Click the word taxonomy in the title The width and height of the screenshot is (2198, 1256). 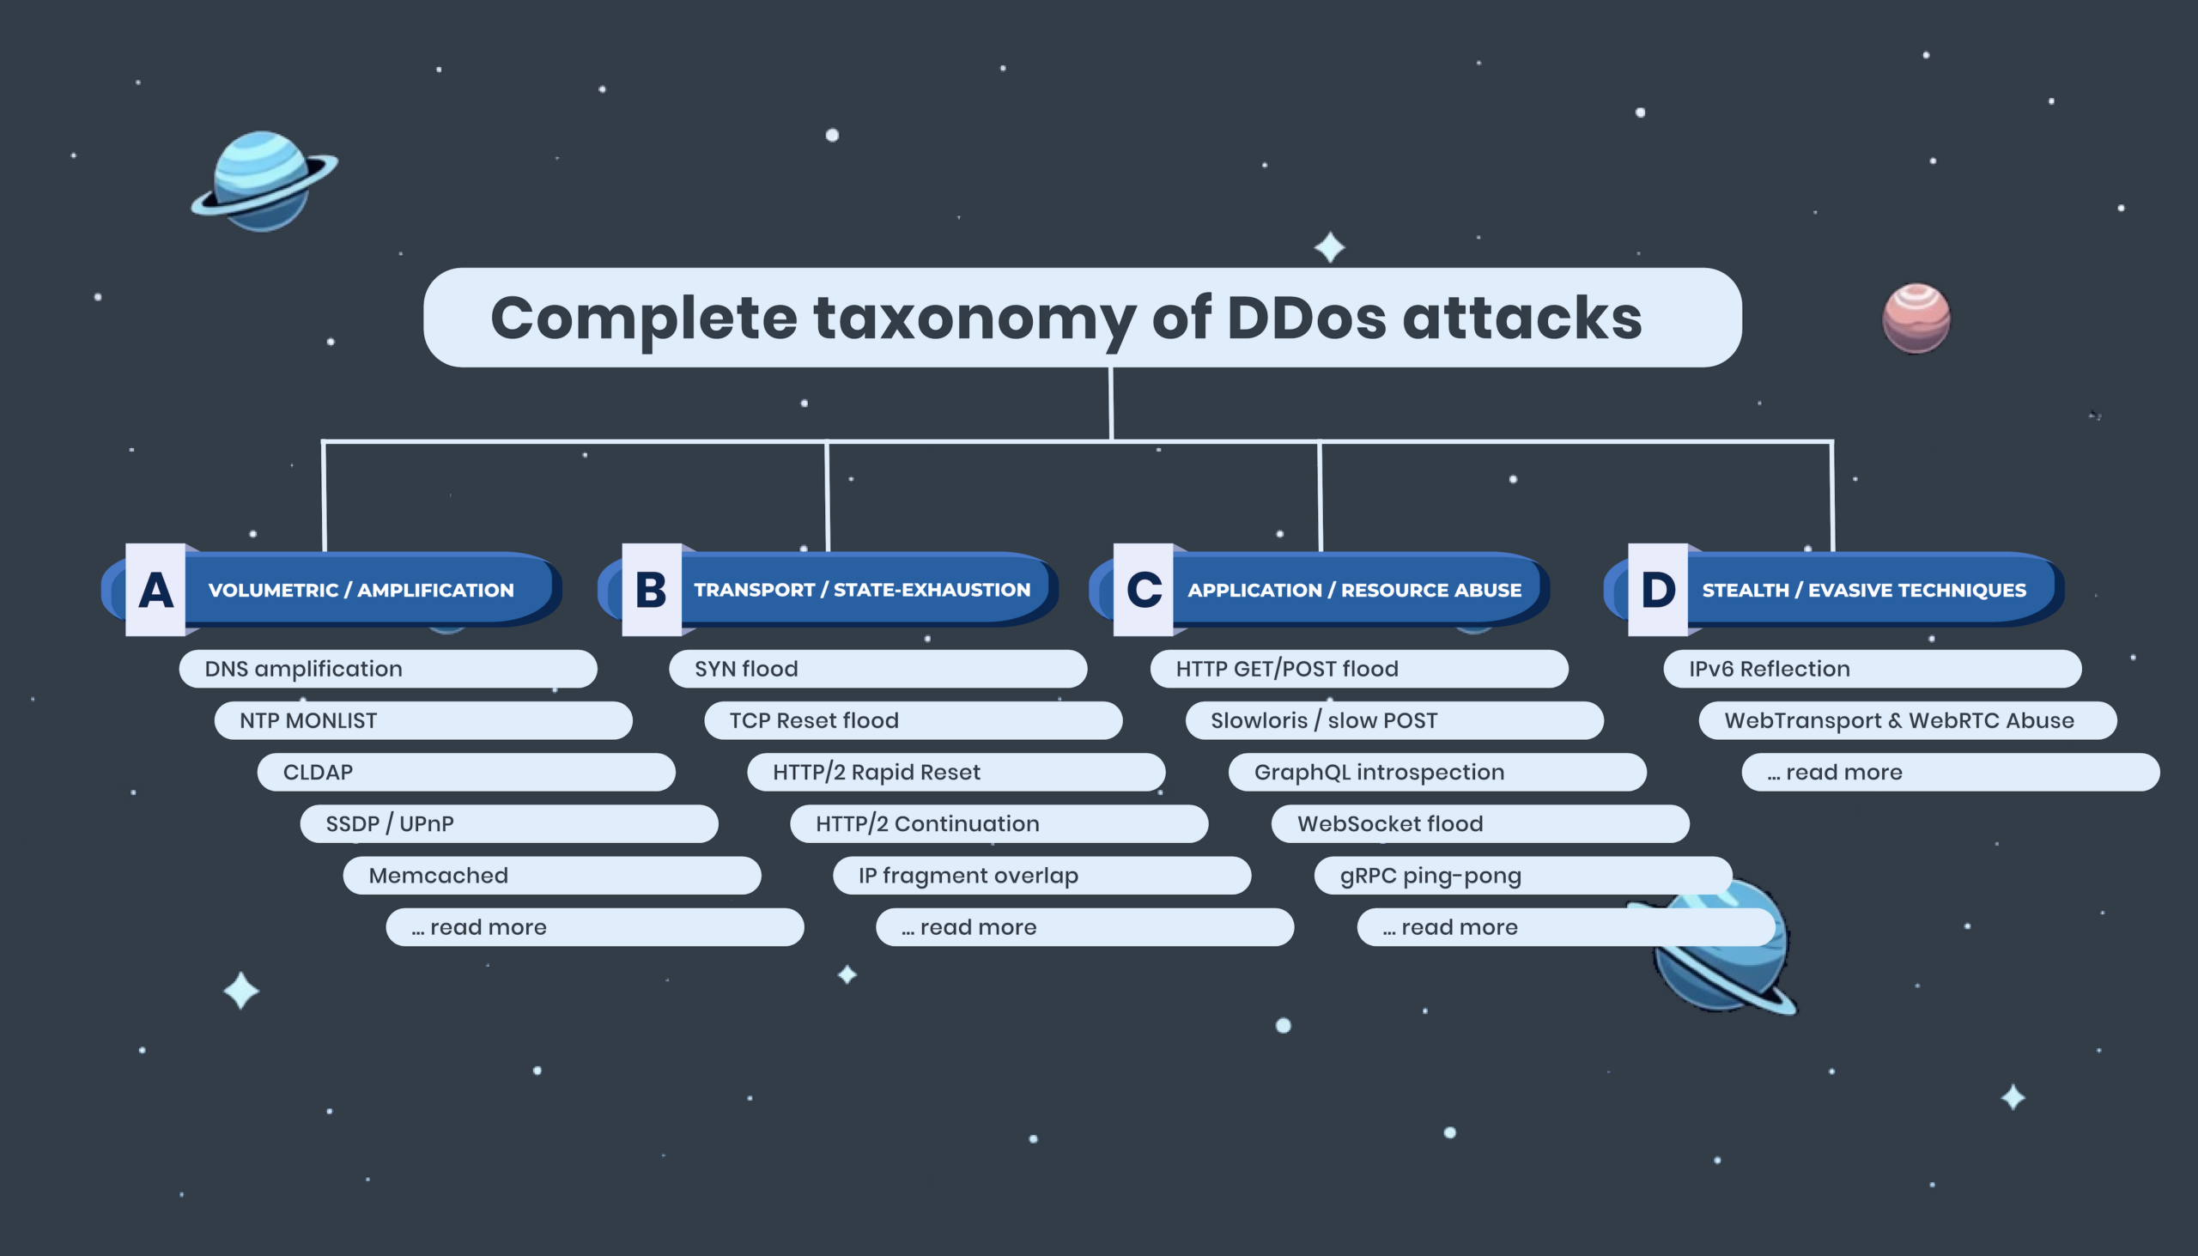[974, 319]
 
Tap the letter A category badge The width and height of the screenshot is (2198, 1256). [155, 590]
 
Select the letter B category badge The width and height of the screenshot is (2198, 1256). [652, 590]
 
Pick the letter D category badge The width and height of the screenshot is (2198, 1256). [1657, 590]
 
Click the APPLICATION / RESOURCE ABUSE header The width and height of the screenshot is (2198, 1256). [1354, 590]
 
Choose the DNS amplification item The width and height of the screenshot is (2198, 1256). [387, 669]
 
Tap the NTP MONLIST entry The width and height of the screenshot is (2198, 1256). [422, 720]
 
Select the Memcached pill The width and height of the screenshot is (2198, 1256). [552, 876]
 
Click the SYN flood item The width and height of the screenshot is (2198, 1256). [877, 669]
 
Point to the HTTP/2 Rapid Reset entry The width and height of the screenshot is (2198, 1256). [956, 772]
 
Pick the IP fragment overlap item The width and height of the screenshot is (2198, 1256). [1042, 876]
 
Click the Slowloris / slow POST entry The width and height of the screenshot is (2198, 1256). [1394, 720]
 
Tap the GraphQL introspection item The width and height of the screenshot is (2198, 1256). [1437, 772]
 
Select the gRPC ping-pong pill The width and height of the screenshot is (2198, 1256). [1522, 876]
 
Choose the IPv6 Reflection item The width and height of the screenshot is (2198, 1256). [1872, 669]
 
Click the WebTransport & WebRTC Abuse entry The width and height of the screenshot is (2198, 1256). [1907, 720]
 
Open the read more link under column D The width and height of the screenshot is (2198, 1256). [1951, 772]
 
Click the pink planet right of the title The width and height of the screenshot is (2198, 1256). [1916, 319]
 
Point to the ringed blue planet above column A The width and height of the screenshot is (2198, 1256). [263, 182]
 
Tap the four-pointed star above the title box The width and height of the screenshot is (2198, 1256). [1329, 247]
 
